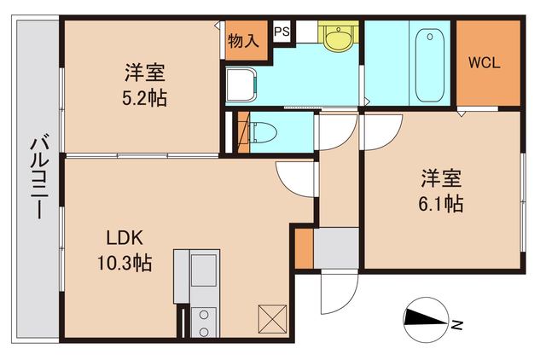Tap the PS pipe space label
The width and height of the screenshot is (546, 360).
point(281,32)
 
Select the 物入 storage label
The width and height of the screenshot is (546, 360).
point(243,41)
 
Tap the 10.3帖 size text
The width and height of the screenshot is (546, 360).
point(124,263)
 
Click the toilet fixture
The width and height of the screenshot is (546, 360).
point(262,132)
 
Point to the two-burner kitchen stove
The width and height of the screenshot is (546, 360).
point(205,322)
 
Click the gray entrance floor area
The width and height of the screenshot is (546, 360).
point(338,249)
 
